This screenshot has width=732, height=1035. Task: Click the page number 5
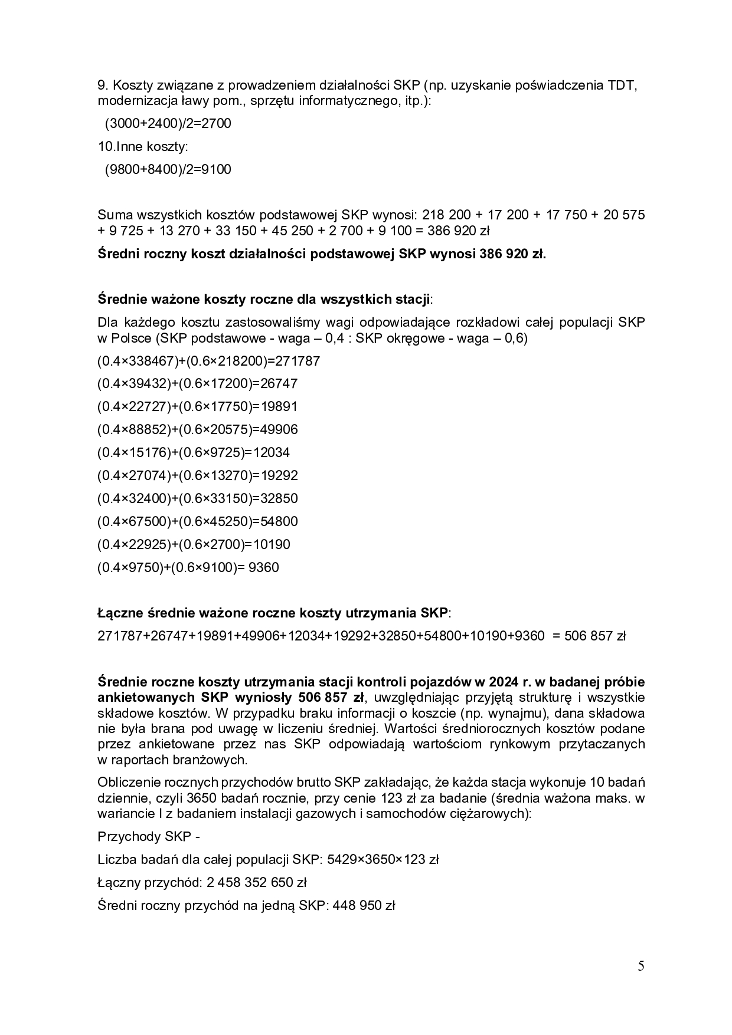[641, 966]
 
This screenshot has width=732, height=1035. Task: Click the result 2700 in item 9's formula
[216, 123]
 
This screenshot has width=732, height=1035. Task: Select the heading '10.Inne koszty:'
[143, 146]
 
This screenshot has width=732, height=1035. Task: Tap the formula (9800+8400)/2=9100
[168, 169]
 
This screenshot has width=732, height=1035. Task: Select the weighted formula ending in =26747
[197, 383]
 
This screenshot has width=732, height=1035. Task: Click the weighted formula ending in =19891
[197, 406]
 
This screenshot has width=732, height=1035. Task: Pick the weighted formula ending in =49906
[197, 429]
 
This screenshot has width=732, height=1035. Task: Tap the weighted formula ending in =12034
[194, 452]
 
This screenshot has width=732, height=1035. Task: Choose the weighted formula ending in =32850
[197, 498]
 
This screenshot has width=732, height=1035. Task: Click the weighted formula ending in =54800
[197, 521]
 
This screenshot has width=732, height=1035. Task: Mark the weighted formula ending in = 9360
[188, 567]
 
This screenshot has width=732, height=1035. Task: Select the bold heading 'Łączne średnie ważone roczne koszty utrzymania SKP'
[273, 613]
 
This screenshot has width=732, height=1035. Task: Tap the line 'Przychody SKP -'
[140, 837]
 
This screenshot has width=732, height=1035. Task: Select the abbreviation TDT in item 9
[622, 85]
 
